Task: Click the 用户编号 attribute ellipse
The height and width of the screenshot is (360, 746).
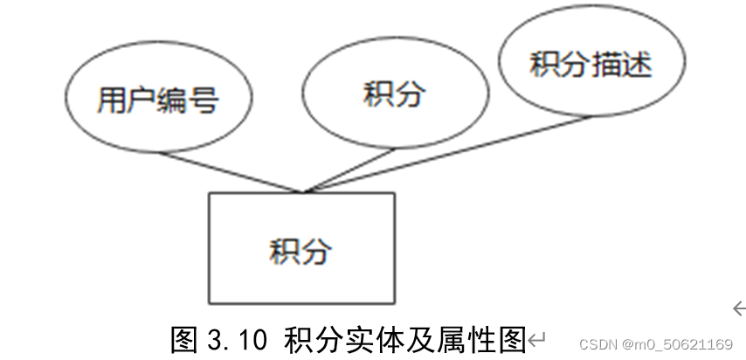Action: click(157, 100)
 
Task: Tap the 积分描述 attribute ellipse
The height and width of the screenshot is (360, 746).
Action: click(591, 65)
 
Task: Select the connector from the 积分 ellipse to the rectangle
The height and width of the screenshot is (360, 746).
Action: click(349, 170)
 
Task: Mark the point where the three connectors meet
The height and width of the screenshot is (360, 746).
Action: click(302, 191)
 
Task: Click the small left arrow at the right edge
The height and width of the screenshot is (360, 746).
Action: click(739, 308)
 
